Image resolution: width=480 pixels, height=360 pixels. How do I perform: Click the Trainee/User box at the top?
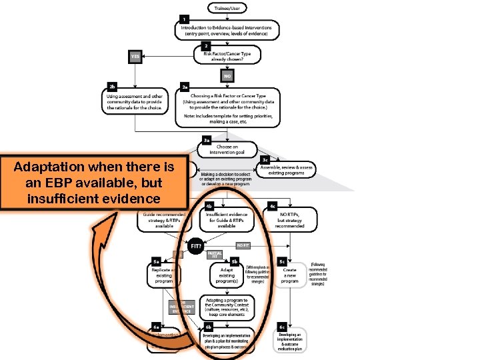pyautogui.click(x=227, y=7)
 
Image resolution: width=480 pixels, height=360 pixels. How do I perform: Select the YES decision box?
pyautogui.click(x=136, y=57)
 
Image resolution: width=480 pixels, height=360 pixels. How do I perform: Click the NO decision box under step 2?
pyautogui.click(x=227, y=75)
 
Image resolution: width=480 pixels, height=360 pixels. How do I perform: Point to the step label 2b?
pyautogui.click(x=113, y=87)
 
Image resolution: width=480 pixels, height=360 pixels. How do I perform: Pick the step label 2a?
pyautogui.click(x=186, y=87)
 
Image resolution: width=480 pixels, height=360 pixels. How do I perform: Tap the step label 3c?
pyautogui.click(x=265, y=160)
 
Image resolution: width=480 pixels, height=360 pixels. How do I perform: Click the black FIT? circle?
pyautogui.click(x=195, y=246)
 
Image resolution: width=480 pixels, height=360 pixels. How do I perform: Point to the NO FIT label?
pyautogui.click(x=243, y=245)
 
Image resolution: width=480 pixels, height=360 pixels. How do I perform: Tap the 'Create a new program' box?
pyautogui.click(x=289, y=275)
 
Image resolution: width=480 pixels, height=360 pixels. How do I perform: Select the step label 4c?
pyautogui.click(x=272, y=206)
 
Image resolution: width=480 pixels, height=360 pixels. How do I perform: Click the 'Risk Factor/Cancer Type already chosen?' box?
pyautogui.click(x=227, y=56)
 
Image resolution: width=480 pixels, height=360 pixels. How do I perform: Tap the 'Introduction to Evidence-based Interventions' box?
pyautogui.click(x=227, y=29)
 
